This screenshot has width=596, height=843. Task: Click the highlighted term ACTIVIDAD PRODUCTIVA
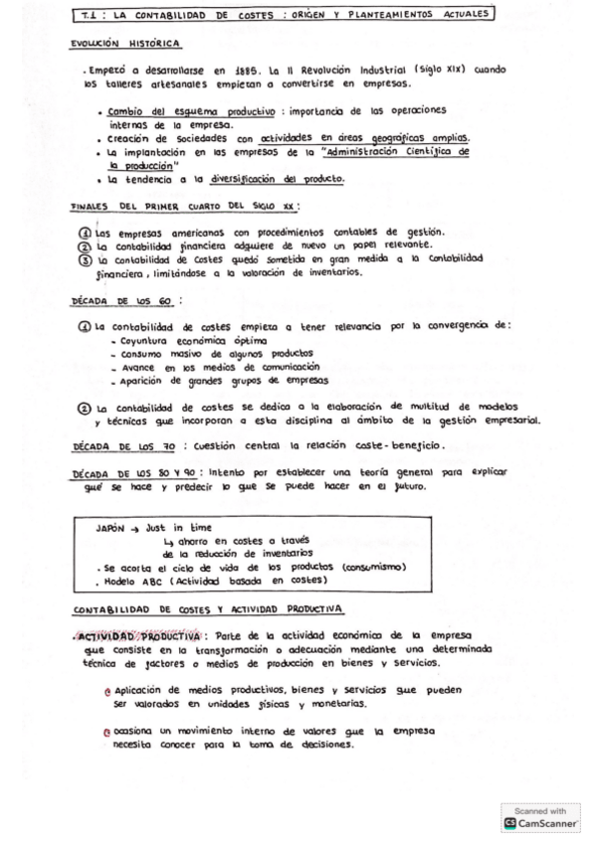[x=141, y=635]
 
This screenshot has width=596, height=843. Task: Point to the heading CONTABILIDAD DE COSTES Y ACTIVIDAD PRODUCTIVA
[x=206, y=608]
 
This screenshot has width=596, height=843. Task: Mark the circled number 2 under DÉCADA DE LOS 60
[x=85, y=407]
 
